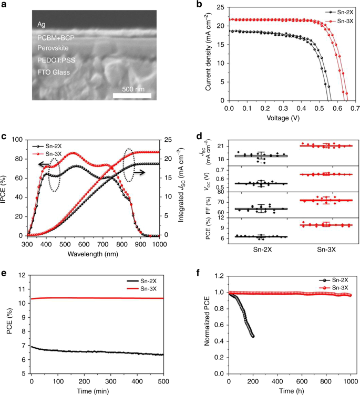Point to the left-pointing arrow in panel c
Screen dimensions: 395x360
click(x=46, y=164)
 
